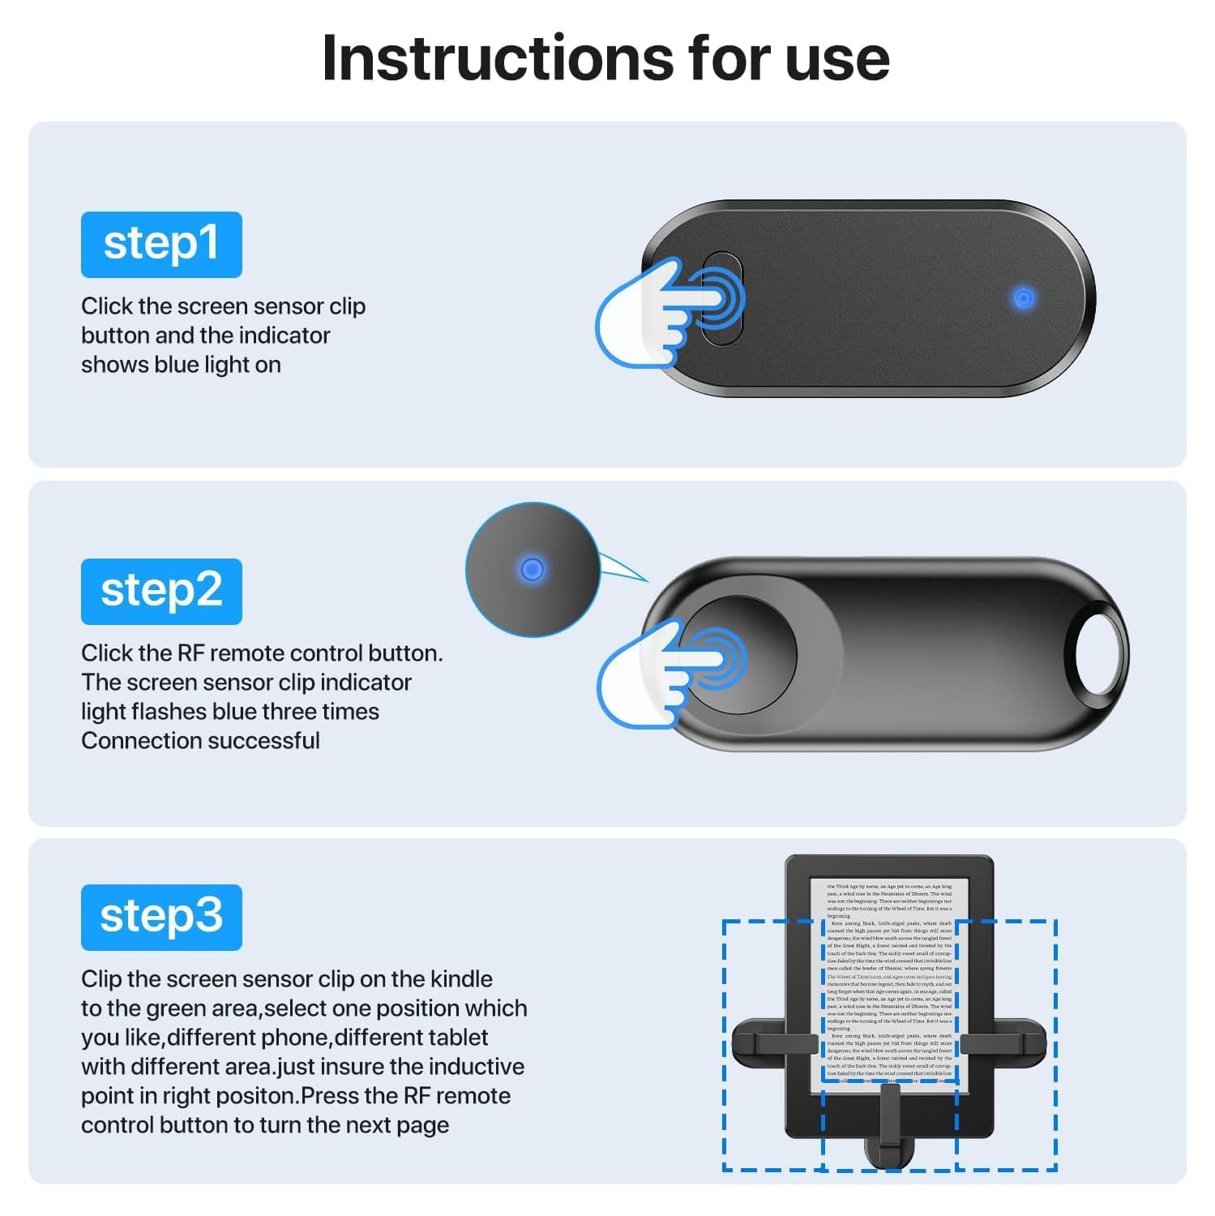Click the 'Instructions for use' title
coord(605,58)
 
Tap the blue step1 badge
coord(161,244)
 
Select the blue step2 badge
coord(161,591)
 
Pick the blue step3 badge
coord(161,917)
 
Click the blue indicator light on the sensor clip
coord(1024,298)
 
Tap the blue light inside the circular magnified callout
coord(532,569)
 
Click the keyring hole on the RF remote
coord(1100,653)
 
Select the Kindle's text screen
coord(889,981)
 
